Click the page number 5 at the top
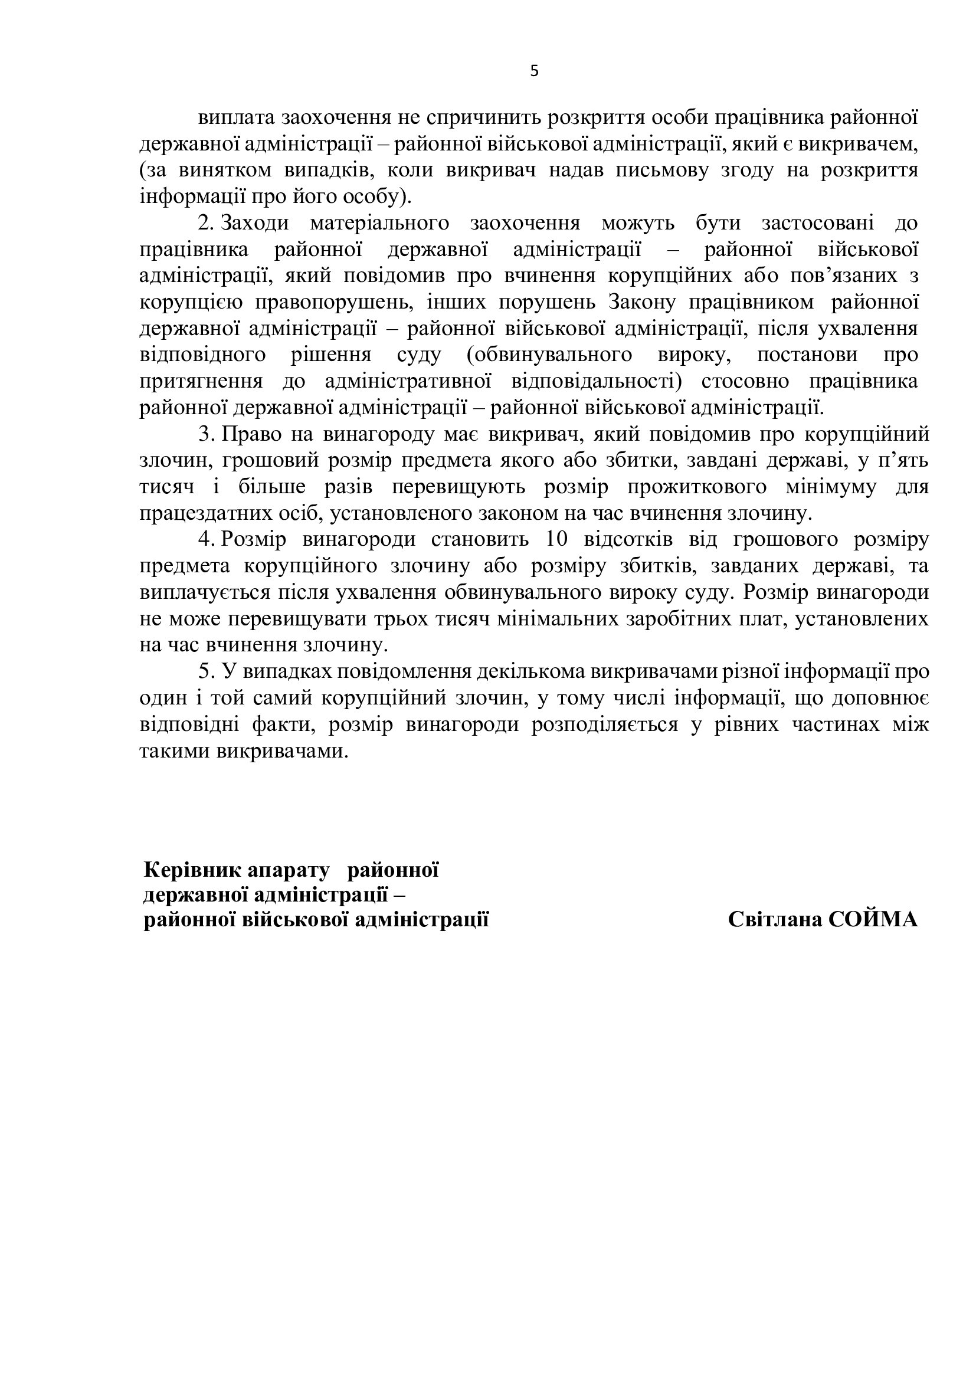click(x=534, y=71)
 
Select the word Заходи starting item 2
click(x=254, y=223)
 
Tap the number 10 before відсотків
click(x=556, y=540)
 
